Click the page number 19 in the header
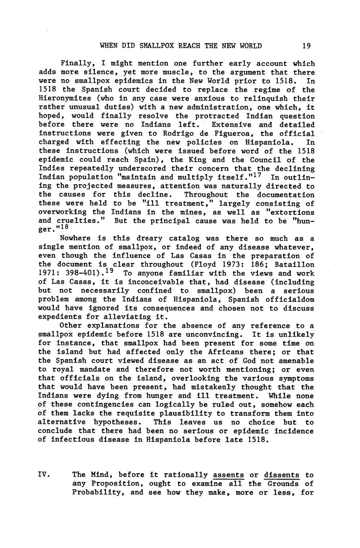(x=306, y=46)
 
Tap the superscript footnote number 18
(x=62, y=228)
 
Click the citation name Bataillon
(x=295, y=264)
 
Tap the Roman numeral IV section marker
(x=43, y=475)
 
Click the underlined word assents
(x=228, y=475)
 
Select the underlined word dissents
(x=281, y=475)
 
